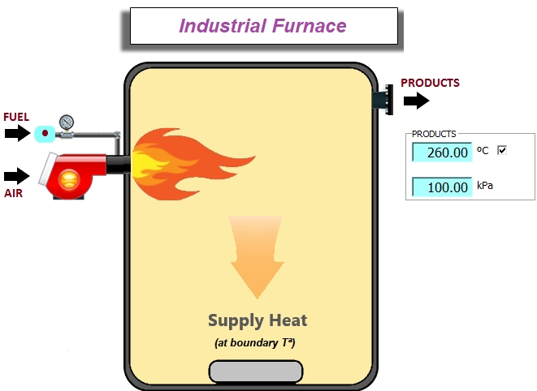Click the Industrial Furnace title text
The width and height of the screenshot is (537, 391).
262,26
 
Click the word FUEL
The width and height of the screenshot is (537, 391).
16,117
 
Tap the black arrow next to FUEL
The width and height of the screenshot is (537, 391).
16,133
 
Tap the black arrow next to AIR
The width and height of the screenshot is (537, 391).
16,175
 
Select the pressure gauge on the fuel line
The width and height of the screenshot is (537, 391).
67,122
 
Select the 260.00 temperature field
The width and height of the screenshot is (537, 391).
442,152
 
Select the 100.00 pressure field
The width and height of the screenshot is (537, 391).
442,187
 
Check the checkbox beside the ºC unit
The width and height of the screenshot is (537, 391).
501,150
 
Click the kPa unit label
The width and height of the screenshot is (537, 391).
485,186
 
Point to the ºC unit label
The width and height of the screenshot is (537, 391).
483,150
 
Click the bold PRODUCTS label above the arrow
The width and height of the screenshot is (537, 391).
430,83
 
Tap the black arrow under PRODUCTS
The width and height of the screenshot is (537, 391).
416,101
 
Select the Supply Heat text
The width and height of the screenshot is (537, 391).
257,320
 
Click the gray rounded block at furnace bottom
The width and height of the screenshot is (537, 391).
255,371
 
